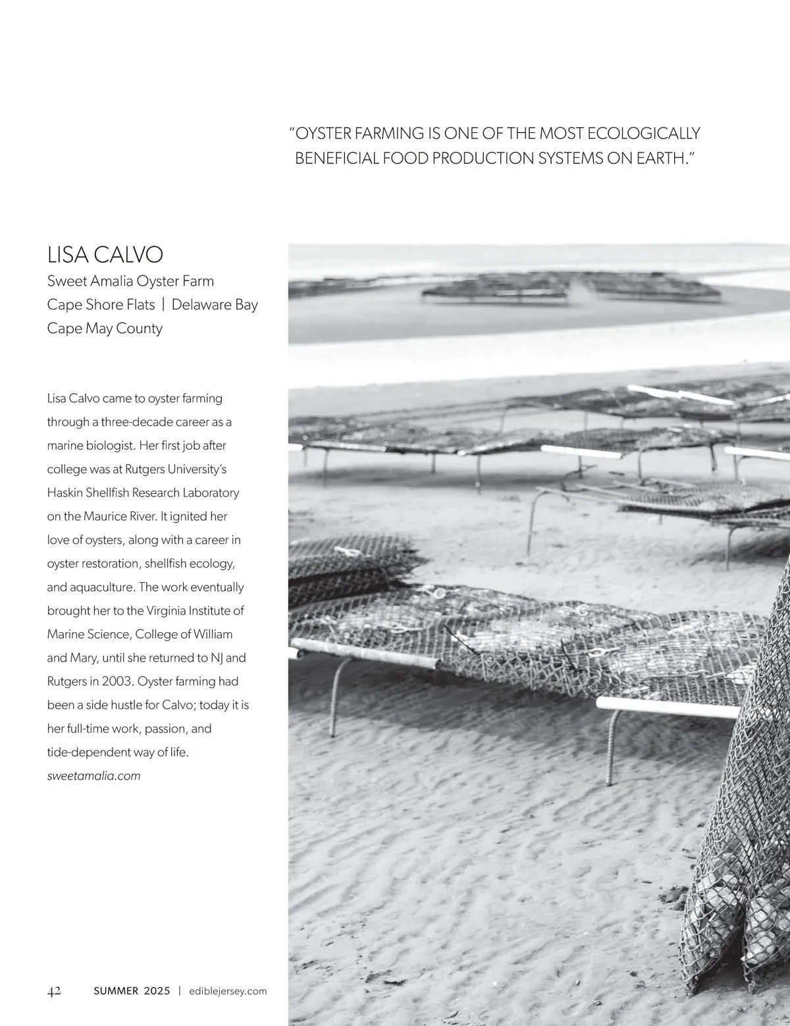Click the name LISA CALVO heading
(105, 254)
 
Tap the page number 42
(55, 991)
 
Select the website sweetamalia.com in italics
(93, 776)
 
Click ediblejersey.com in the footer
(228, 991)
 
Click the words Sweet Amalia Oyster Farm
(130, 281)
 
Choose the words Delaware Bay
(215, 305)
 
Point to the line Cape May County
(105, 328)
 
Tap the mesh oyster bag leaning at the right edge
(744, 823)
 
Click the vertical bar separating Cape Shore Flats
(163, 305)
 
